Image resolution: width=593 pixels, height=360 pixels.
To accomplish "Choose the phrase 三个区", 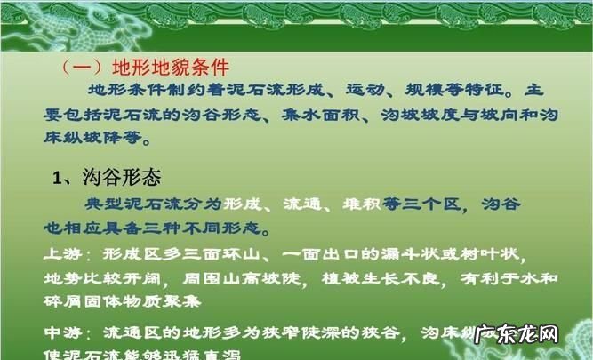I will tap(433, 204).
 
